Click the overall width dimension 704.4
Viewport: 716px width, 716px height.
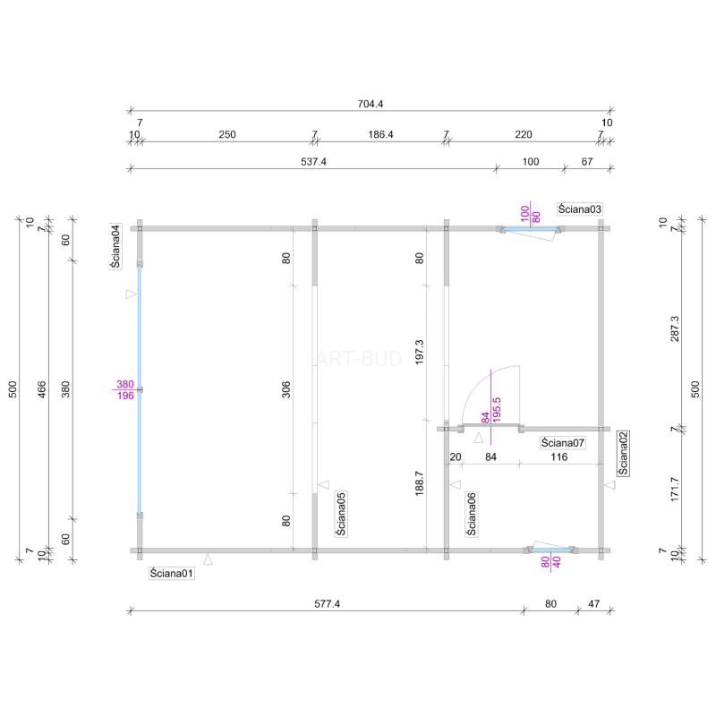pyautogui.click(x=371, y=104)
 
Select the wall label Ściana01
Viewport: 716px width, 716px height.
pyautogui.click(x=172, y=573)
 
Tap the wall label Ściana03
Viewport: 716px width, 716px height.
pyautogui.click(x=579, y=209)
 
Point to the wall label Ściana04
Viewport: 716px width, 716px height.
pyautogui.click(x=116, y=247)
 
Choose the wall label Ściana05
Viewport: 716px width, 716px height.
pyautogui.click(x=341, y=514)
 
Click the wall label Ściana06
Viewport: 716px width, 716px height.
pyautogui.click(x=472, y=514)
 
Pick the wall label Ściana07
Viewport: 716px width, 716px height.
pyautogui.click(x=563, y=443)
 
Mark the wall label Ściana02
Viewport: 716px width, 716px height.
pyautogui.click(x=623, y=454)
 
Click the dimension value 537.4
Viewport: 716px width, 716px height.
pyautogui.click(x=314, y=162)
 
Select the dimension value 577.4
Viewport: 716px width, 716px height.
pyautogui.click(x=327, y=603)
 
